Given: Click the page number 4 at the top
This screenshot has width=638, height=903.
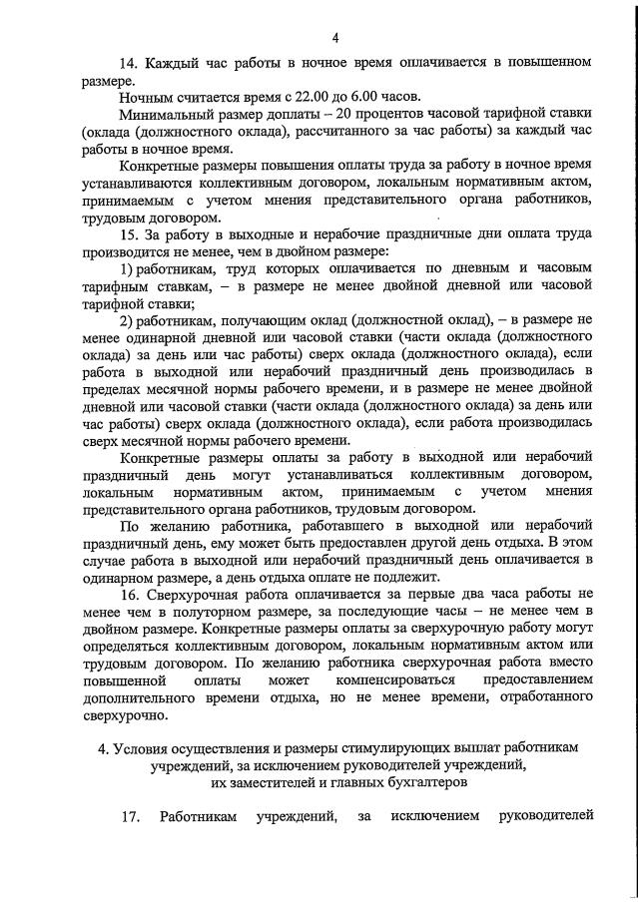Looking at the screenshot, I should tap(335, 38).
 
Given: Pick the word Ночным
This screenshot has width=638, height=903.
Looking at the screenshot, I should tap(146, 97).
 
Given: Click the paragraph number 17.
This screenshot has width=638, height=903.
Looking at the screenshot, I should tap(128, 818).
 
